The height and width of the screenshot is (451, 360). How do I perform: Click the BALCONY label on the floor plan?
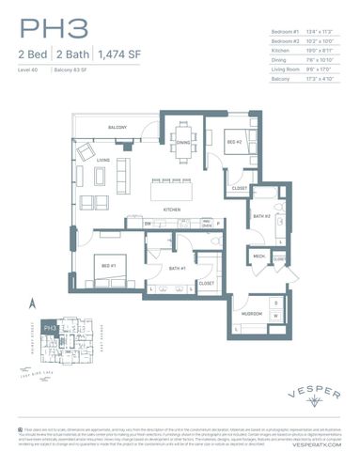click(117, 127)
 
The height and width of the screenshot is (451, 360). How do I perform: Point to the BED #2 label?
click(234, 142)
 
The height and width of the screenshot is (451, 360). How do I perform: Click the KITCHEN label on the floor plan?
click(172, 209)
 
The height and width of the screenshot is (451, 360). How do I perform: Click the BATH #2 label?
click(261, 217)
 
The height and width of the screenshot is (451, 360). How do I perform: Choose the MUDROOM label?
click(251, 313)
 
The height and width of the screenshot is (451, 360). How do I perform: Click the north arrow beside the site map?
click(33, 303)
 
